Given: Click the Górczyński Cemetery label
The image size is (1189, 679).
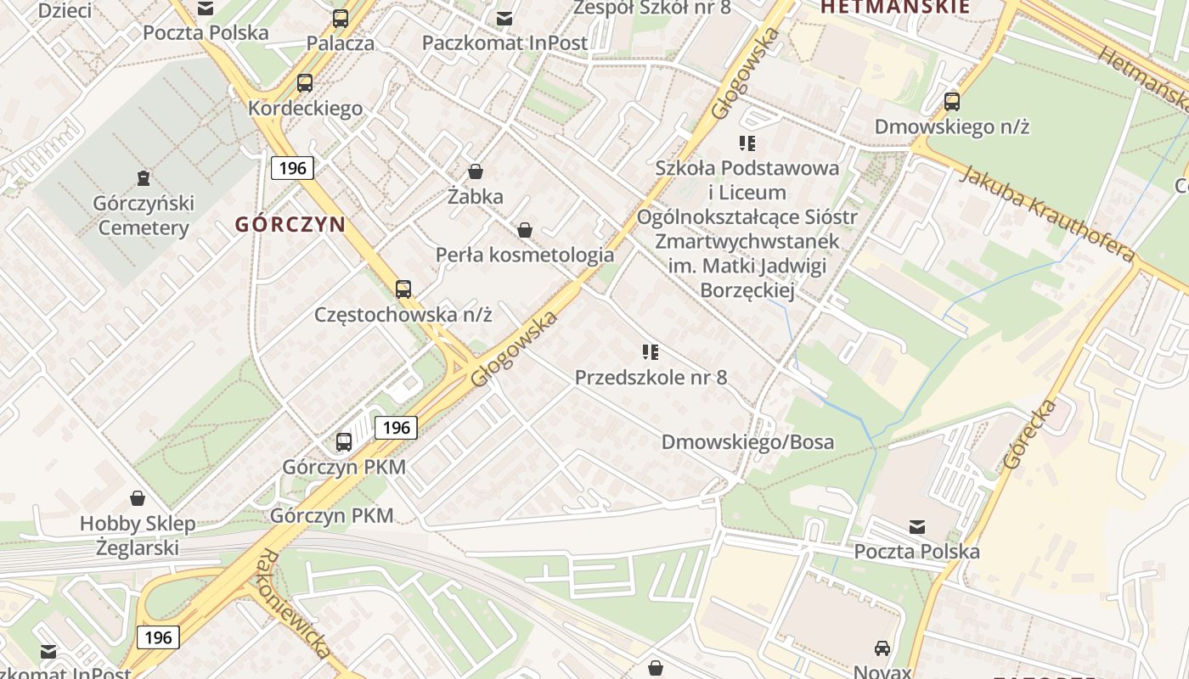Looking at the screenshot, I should tap(144, 216).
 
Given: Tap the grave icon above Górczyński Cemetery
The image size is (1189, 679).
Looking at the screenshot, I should tap(144, 178).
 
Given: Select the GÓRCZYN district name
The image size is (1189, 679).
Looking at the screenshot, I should tap(290, 225).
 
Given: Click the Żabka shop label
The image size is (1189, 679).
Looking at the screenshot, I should tap(476, 197).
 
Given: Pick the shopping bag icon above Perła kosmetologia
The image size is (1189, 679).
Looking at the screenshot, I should tap(525, 230).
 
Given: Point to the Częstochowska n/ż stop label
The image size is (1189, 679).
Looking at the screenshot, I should tap(403, 314).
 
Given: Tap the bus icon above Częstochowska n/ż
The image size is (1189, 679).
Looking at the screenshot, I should tap(403, 289).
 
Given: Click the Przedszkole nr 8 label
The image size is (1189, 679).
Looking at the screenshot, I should tap(651, 378).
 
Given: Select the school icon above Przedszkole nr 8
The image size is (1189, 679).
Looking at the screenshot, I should tap(651, 352).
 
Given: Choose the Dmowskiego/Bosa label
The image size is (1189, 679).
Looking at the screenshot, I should tap(747, 442).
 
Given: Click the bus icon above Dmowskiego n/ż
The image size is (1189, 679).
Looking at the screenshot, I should tap(952, 102).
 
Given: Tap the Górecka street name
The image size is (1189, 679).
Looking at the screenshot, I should tap(1029, 434).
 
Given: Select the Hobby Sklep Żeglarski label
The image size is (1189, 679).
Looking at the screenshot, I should tap(138, 536).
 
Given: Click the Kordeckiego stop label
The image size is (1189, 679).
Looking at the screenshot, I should tap(305, 109).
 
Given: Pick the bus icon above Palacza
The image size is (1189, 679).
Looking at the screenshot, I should tap(341, 18).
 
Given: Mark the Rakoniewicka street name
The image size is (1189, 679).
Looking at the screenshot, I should tap(291, 603).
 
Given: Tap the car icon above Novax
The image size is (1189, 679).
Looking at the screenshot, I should tap(882, 648).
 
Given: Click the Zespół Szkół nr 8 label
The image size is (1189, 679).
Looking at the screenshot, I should tap(651, 8).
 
